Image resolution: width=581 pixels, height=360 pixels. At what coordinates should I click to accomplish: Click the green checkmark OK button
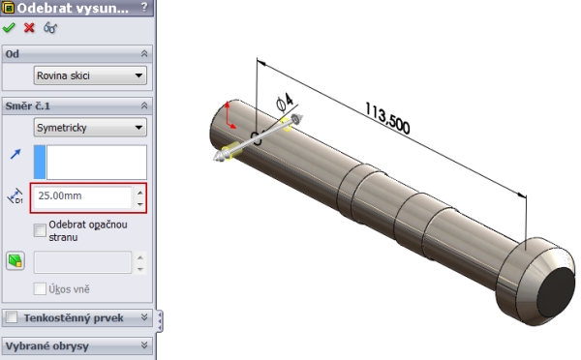tap(10, 29)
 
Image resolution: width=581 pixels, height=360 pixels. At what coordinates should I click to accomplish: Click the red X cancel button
tap(28, 29)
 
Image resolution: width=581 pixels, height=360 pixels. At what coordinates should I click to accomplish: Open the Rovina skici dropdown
tap(89, 75)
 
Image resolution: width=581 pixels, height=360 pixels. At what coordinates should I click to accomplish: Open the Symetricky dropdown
tap(89, 127)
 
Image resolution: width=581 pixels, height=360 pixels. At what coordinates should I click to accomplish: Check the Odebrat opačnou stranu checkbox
tap(40, 229)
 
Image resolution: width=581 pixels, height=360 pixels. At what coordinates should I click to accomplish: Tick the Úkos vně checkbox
tap(40, 288)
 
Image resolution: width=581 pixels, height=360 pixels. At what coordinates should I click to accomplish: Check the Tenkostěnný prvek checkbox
tap(11, 317)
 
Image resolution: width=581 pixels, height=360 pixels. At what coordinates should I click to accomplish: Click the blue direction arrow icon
tap(15, 153)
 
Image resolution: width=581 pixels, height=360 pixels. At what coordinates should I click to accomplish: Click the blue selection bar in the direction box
tap(40, 163)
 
